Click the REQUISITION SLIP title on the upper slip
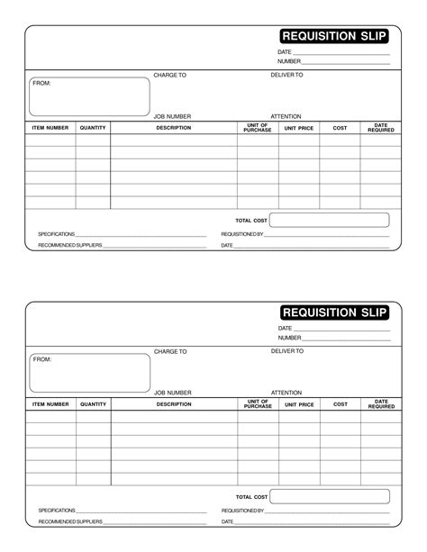[334, 36]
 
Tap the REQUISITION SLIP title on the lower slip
[334, 312]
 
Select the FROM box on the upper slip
[89, 97]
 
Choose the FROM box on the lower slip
[89, 373]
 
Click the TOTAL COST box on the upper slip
[329, 220]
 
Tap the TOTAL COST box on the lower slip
[329, 496]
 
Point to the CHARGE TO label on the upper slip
[169, 75]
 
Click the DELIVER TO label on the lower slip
[287, 350]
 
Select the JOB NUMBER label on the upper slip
[172, 116]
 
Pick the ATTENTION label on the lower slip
[286, 393]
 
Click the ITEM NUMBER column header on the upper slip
[50, 128]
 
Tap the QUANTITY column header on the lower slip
[93, 404]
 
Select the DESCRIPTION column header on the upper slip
[173, 128]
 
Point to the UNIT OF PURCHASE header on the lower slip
[257, 404]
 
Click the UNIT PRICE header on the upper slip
[299, 128]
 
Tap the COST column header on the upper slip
[340, 128]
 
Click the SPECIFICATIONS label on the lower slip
[57, 510]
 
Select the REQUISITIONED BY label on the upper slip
[242, 234]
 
